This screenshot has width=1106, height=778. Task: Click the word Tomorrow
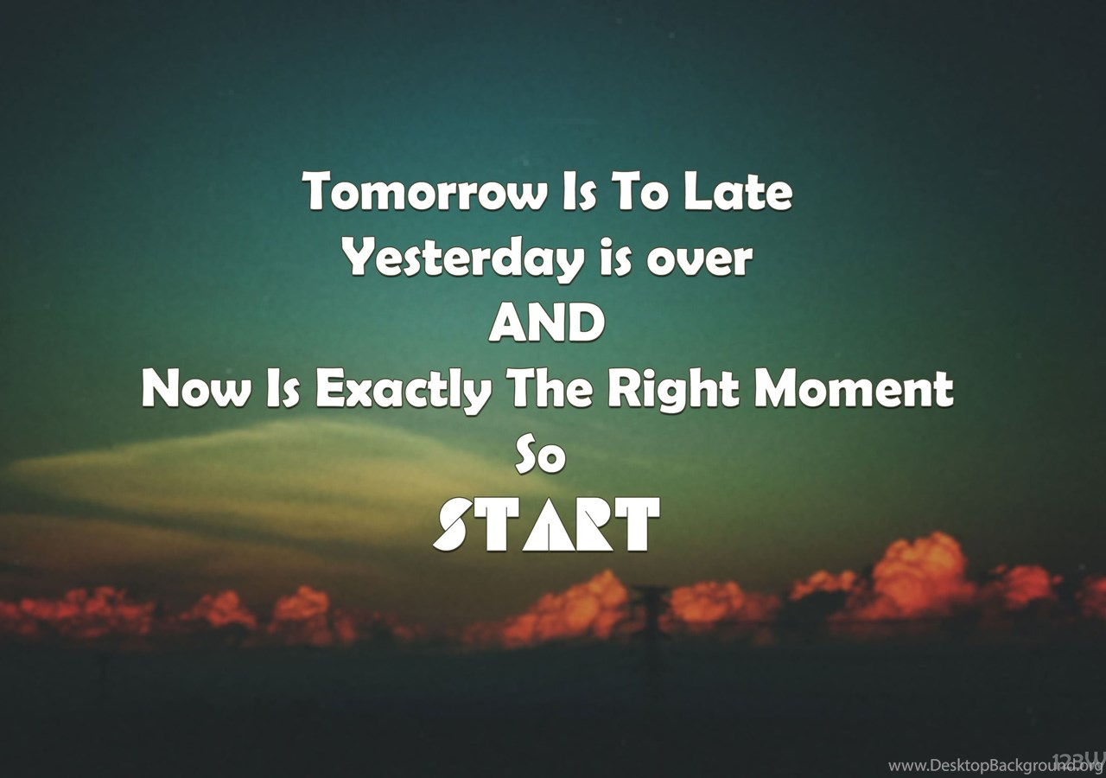[425, 191]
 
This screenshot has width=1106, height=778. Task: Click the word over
[700, 262]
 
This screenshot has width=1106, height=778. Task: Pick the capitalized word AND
[547, 322]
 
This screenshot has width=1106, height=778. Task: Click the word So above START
[540, 457]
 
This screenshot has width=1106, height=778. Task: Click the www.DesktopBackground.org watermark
[995, 766]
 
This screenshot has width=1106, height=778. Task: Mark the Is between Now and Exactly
[282, 389]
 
